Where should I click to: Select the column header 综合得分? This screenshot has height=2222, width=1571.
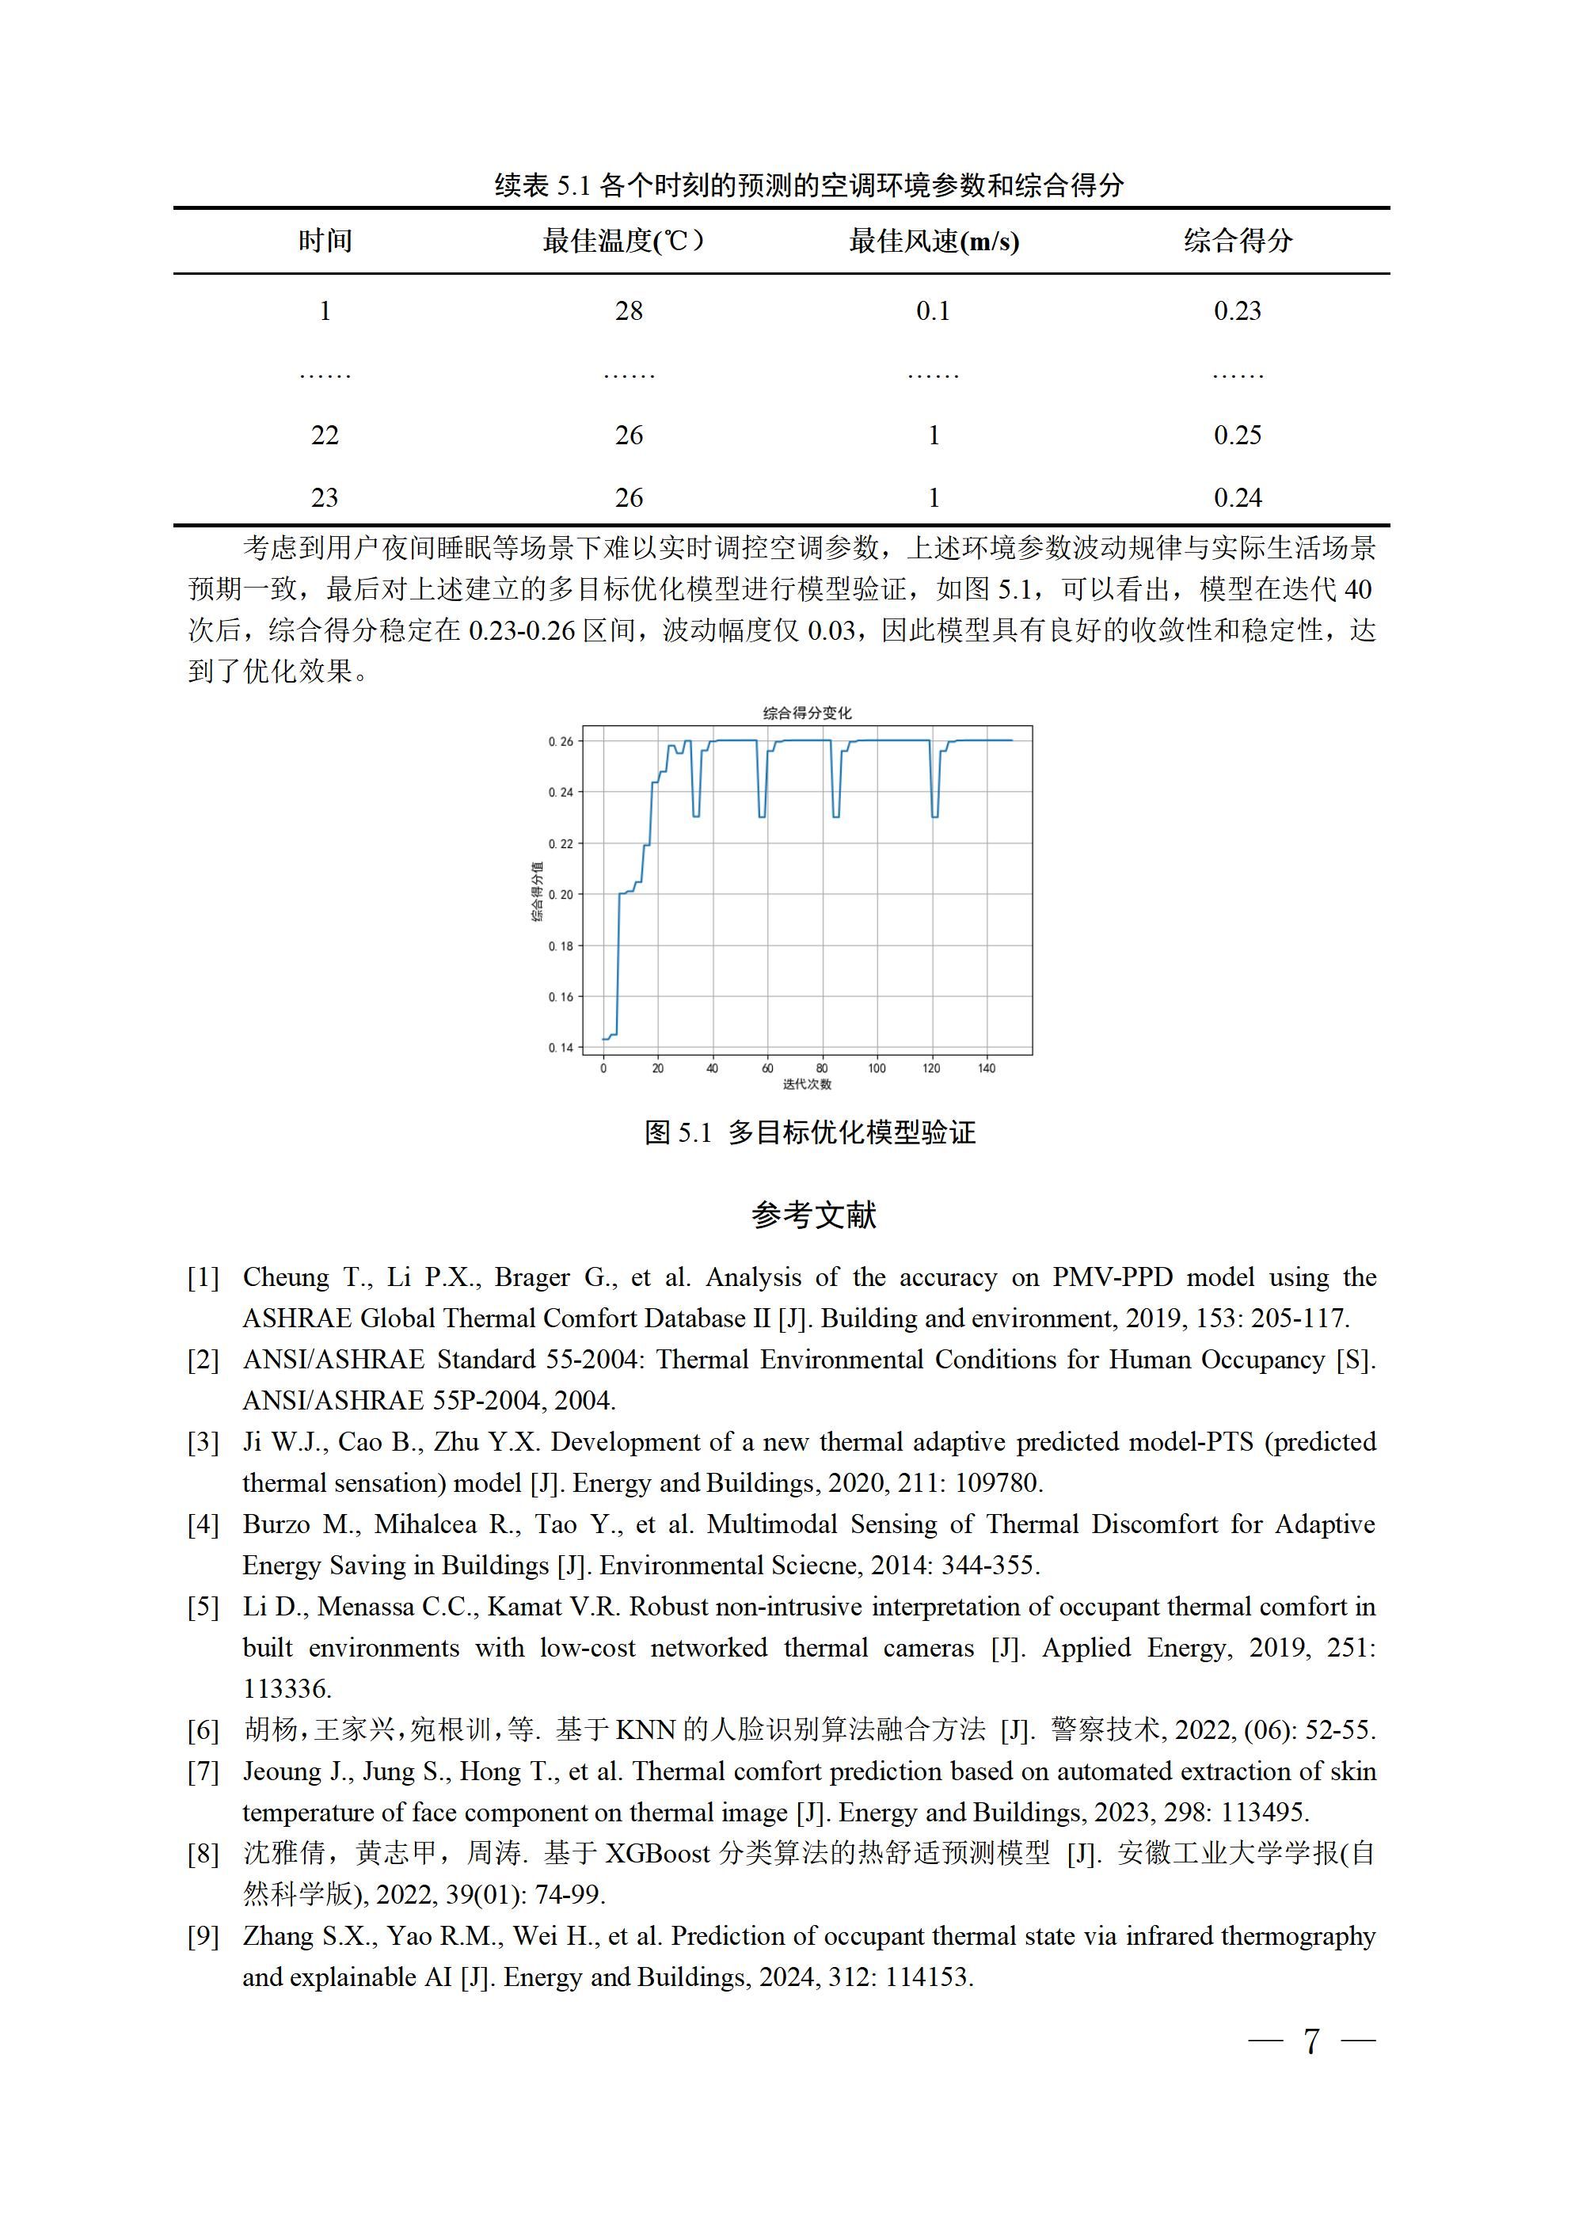point(1237,241)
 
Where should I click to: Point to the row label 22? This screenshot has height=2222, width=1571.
point(325,436)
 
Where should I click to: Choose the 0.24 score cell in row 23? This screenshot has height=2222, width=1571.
point(1237,497)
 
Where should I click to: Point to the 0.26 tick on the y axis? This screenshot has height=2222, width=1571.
point(561,741)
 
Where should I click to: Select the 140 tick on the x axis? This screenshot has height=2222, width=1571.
point(987,1068)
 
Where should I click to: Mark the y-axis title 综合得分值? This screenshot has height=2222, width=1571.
point(537,892)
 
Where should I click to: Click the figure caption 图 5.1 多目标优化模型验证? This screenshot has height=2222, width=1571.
point(810,1132)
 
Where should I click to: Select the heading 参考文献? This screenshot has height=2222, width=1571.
point(813,1215)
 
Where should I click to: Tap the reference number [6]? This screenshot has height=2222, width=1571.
point(204,1730)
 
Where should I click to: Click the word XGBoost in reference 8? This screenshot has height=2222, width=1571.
point(657,1853)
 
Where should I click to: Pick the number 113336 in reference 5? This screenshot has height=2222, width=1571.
point(287,1689)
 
